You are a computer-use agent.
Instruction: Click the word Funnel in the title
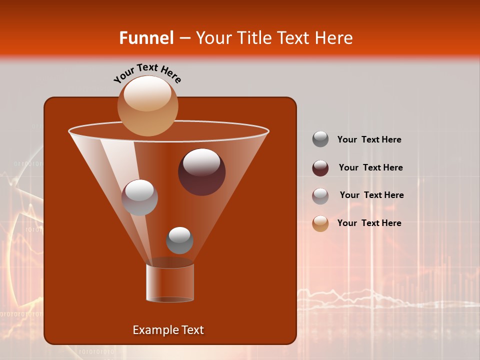tap(146, 38)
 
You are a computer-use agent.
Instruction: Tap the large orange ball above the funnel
tap(147, 105)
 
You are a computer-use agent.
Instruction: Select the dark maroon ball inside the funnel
tap(201, 172)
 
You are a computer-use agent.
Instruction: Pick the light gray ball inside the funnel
tap(139, 197)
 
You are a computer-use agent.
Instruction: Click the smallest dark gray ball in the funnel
tap(179, 240)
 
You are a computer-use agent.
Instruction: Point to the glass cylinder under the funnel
tap(170, 283)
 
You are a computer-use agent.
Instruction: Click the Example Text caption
tap(168, 330)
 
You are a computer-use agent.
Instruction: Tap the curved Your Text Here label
tap(147, 73)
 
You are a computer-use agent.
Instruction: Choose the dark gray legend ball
tap(320, 139)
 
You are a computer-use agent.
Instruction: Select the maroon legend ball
tap(320, 168)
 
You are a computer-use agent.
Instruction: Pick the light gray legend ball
tap(320, 196)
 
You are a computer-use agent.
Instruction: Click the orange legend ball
tap(320, 223)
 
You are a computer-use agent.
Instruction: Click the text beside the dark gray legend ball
tap(369, 139)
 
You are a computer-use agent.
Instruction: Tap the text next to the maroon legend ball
tap(370, 167)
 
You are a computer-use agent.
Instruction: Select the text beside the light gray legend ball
tap(371, 195)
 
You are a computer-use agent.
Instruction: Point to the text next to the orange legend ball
tap(369, 223)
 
